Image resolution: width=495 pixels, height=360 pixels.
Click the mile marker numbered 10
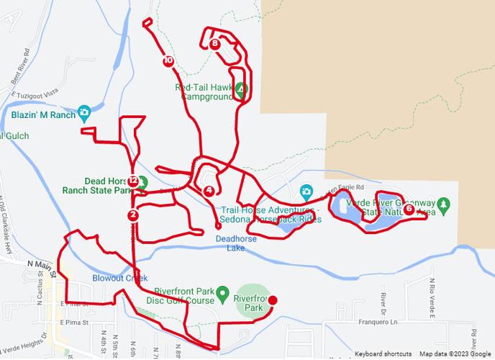coord(168,61)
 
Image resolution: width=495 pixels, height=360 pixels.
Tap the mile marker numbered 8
coord(216,44)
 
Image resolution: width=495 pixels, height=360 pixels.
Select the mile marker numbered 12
coord(134,181)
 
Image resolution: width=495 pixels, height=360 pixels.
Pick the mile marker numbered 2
coord(133,215)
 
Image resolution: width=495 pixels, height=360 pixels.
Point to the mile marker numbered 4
coord(209,191)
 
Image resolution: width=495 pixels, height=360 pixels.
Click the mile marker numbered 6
coord(409,210)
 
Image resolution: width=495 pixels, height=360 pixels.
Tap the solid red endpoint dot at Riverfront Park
coord(272,300)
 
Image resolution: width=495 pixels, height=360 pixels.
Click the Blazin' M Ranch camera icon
coord(85,112)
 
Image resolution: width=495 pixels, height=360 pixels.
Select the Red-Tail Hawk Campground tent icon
coord(241,89)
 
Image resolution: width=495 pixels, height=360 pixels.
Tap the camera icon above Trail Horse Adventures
coord(306,191)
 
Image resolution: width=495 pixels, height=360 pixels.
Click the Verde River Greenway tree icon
coord(444,204)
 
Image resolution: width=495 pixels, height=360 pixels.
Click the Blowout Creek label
coord(119,278)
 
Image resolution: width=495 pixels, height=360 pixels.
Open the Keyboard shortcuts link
coord(383,354)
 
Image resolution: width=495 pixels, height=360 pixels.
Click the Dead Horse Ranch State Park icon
coord(142,181)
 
